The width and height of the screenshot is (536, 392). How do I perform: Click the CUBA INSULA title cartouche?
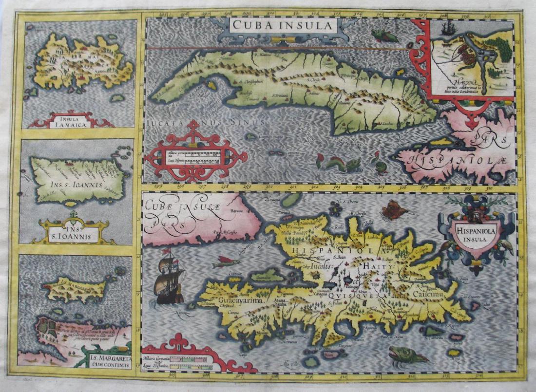[x=282, y=25]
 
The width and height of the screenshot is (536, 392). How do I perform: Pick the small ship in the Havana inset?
[x=447, y=29]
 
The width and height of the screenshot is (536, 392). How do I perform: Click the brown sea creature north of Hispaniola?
[x=394, y=210]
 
